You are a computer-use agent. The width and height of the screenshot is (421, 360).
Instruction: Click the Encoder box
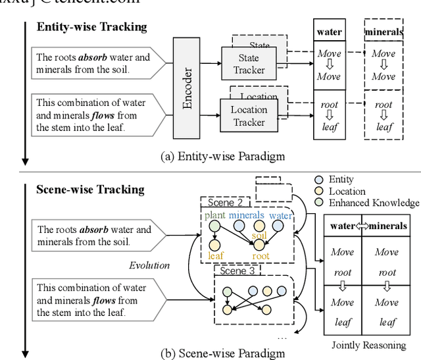pyautogui.click(x=186, y=88)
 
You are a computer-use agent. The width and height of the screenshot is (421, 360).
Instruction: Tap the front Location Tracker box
pyautogui.click(x=249, y=116)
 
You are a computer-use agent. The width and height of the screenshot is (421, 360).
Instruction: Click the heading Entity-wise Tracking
pyautogui.click(x=91, y=27)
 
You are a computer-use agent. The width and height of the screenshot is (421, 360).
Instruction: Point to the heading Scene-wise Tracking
pyautogui.click(x=90, y=190)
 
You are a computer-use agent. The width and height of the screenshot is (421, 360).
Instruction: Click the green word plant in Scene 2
pyautogui.click(x=214, y=215)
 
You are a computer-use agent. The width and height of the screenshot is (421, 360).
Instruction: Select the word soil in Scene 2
pyautogui.click(x=259, y=235)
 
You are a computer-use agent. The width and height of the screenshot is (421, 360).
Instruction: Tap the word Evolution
pyautogui.click(x=149, y=265)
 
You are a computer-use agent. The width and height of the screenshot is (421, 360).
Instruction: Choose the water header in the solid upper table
pyautogui.click(x=330, y=31)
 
